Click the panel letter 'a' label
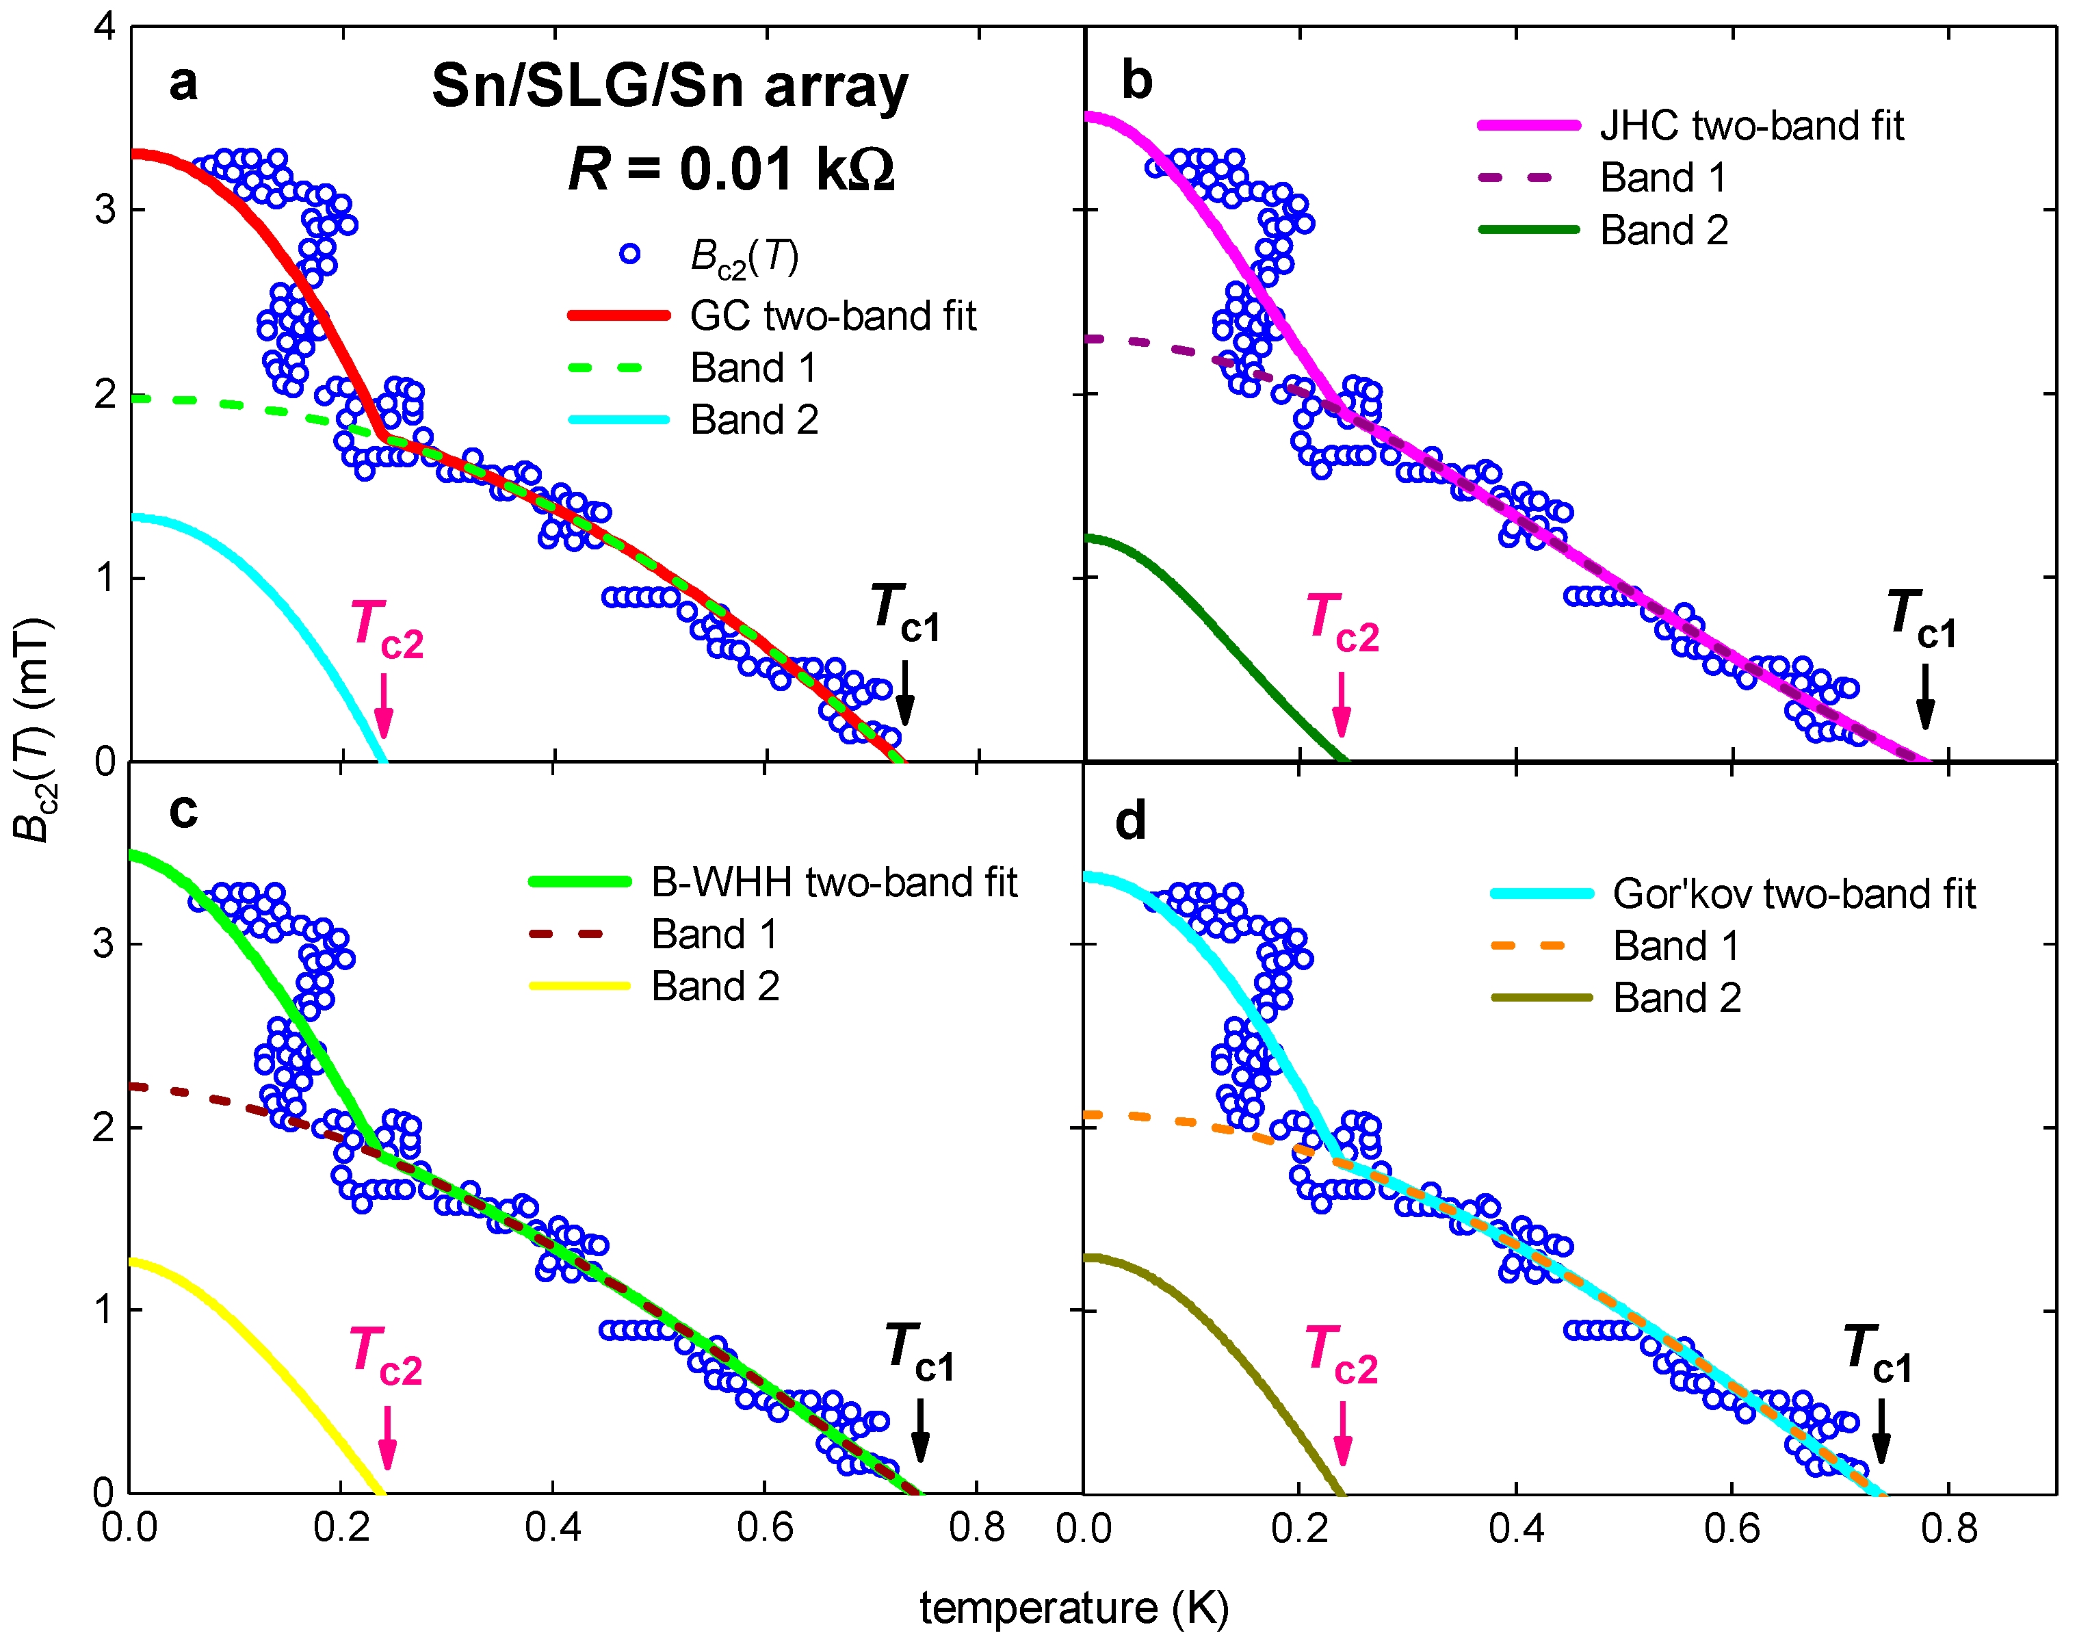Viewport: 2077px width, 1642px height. click(x=183, y=83)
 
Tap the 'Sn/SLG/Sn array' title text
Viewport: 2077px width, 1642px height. click(x=669, y=86)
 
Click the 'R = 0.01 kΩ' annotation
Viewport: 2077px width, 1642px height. click(x=731, y=169)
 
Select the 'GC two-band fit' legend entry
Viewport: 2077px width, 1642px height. click(x=833, y=315)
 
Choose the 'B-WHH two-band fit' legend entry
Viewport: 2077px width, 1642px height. click(x=833, y=882)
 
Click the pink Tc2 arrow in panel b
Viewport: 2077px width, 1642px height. click(x=1341, y=704)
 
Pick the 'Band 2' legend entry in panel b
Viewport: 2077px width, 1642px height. click(x=1664, y=230)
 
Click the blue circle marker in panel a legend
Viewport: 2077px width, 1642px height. click(x=629, y=255)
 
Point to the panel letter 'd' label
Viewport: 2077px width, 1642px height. click(x=1130, y=822)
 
